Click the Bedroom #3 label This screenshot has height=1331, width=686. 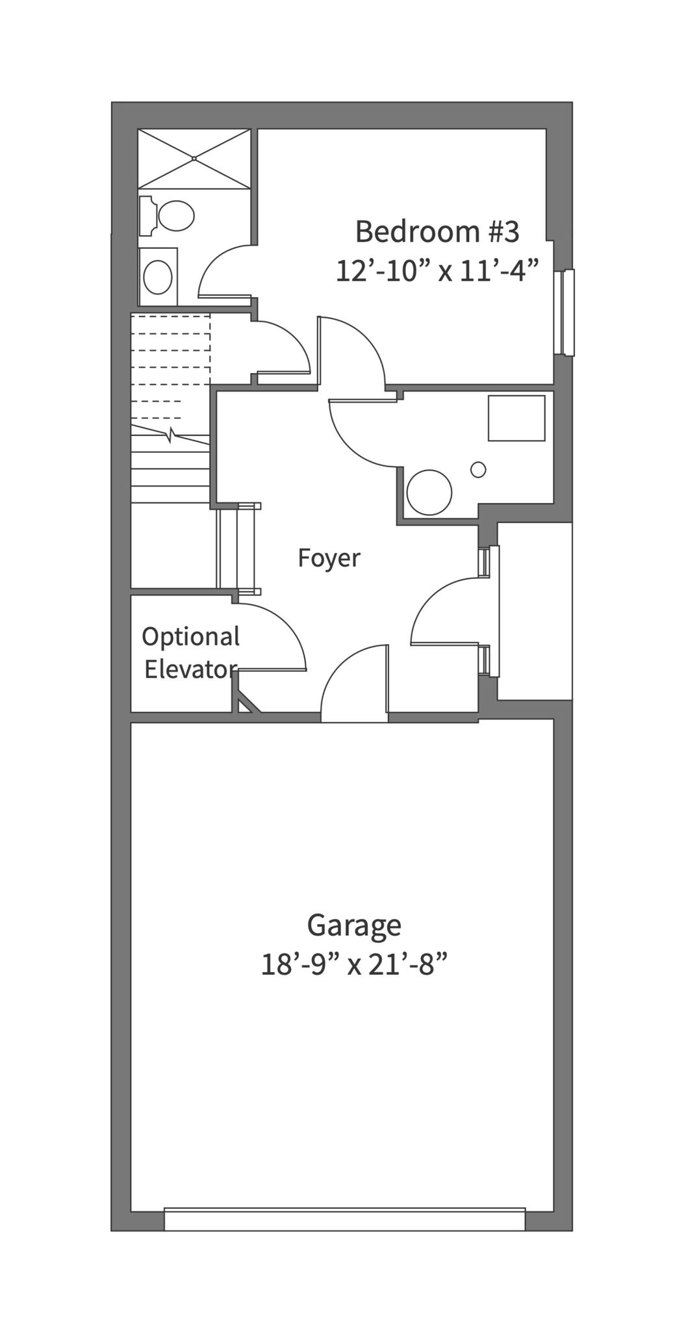(x=437, y=231)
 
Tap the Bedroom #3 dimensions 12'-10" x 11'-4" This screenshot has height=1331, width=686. (x=438, y=270)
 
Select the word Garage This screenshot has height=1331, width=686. (x=354, y=926)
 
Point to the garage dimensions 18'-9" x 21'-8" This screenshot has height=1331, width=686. (x=355, y=964)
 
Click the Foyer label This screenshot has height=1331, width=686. (x=329, y=558)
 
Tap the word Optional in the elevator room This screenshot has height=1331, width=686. (x=191, y=637)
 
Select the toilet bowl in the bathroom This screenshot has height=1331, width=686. (x=175, y=215)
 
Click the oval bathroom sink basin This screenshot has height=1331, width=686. (x=158, y=278)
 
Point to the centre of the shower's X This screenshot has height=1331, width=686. (x=194, y=159)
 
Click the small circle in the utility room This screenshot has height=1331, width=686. (x=478, y=469)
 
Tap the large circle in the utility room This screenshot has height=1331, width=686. (x=429, y=492)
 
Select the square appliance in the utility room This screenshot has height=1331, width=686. (x=516, y=418)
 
